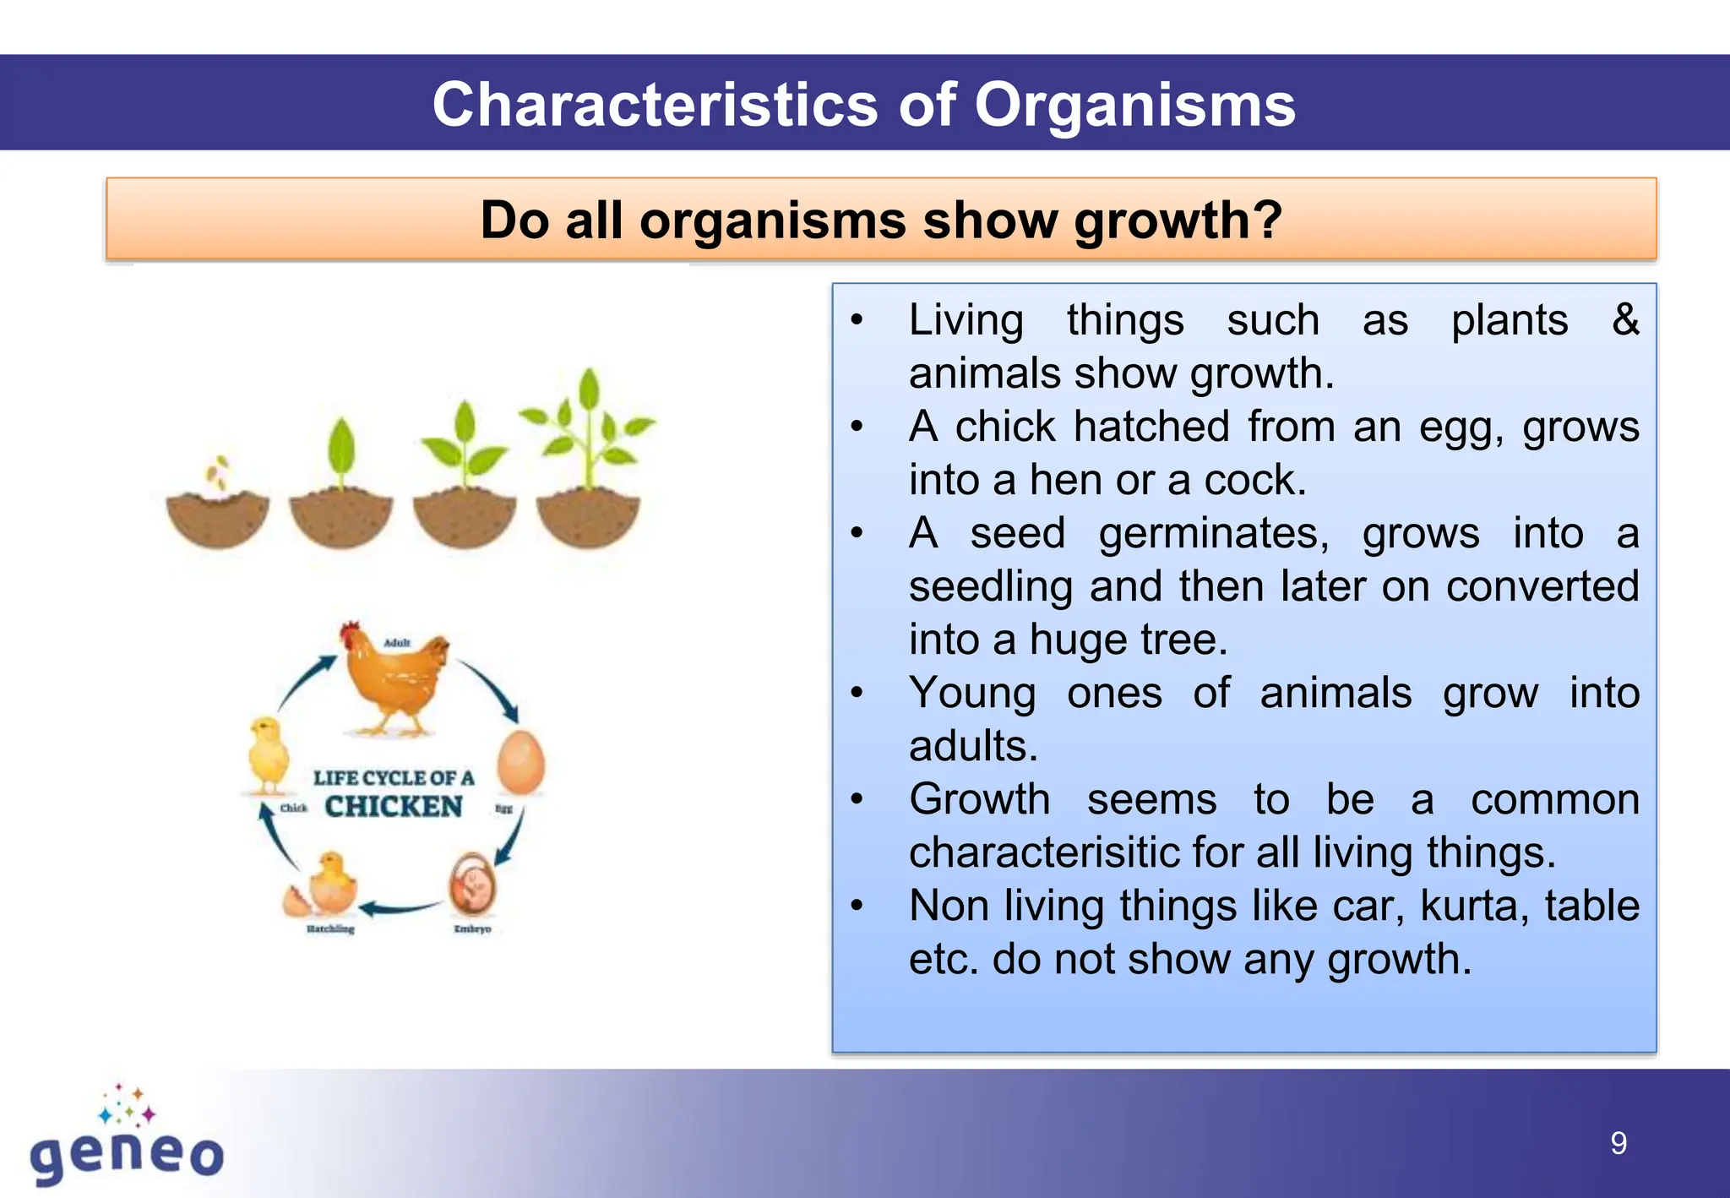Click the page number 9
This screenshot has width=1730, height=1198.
point(1618,1143)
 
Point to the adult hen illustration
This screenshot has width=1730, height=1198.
point(395,680)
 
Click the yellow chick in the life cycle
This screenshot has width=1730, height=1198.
point(269,754)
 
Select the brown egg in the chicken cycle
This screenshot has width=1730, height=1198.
point(520,762)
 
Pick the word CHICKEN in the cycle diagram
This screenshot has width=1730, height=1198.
point(394,807)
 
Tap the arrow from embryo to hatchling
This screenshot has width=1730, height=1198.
point(400,908)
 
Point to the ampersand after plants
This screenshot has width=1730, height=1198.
point(1625,319)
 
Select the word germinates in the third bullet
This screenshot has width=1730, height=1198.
point(1214,533)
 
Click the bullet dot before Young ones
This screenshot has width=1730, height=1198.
point(857,693)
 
